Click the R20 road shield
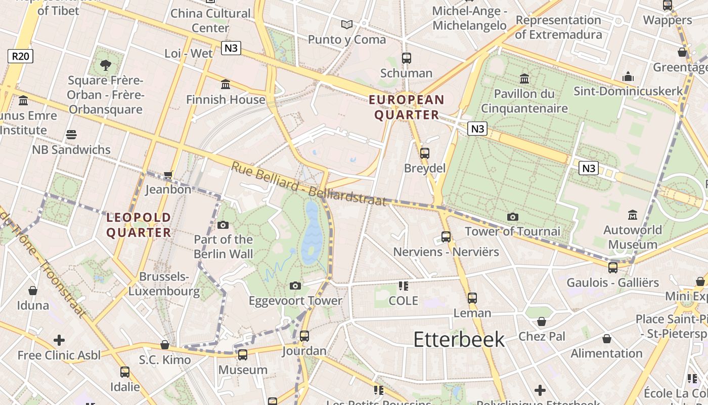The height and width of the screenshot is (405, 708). pos(20,56)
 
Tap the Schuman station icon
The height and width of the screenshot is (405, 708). pos(406,58)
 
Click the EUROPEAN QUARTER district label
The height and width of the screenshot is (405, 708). pos(407,107)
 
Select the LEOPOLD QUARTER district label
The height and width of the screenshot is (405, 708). pos(139,225)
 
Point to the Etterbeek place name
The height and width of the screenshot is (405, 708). pos(459,339)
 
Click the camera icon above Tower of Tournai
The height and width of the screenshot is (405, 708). pos(512,217)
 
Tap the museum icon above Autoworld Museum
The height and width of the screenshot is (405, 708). pos(632,215)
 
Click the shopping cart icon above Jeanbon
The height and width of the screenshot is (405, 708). pos(168,175)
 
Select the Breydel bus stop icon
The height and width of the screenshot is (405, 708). pos(424,153)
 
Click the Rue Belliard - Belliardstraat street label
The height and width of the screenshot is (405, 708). pos(308,184)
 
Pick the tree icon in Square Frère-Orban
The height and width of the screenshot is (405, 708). pos(105,65)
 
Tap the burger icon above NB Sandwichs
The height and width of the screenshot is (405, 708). pos(71,135)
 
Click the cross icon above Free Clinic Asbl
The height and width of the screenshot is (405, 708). pos(59,340)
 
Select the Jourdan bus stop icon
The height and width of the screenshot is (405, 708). pos(304,336)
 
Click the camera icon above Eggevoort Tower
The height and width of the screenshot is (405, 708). pos(295,286)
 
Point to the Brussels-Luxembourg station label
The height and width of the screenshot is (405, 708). pos(164,284)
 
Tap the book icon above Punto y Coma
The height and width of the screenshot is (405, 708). pos(346,24)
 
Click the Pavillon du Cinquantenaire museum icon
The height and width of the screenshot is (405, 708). pos(524,78)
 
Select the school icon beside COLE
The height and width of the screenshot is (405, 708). pos(403,286)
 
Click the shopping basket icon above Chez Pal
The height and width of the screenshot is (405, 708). pos(542,321)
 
